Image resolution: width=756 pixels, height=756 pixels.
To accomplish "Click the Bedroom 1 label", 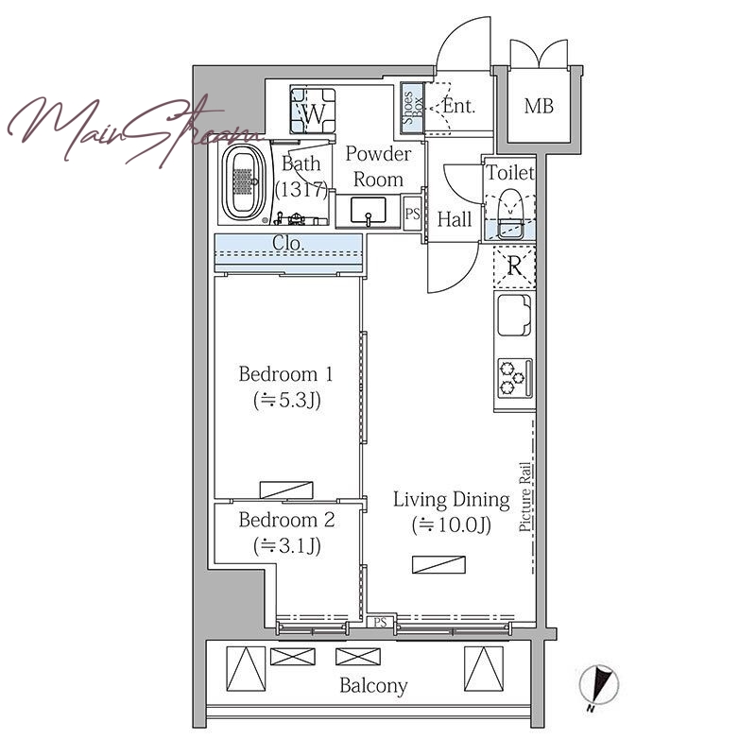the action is point(286,374).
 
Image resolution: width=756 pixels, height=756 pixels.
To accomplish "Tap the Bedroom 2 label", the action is point(286,520).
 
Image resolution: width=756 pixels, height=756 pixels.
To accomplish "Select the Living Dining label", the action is point(452,500).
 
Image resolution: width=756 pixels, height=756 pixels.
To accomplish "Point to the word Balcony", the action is point(373,685).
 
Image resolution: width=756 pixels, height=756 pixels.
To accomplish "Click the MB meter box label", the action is point(539,106).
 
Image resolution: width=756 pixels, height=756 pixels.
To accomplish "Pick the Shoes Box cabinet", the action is point(413,109).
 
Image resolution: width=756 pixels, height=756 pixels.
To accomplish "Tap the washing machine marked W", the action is point(313,110).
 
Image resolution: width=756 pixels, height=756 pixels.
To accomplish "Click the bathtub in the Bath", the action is point(244,182).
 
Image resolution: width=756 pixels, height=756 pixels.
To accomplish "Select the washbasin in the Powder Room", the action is point(369,211).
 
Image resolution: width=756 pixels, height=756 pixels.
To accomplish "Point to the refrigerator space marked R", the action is point(514,266).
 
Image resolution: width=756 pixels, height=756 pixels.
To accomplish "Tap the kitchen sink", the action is point(514,316).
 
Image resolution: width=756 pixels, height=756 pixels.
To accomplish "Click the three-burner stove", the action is point(515,378).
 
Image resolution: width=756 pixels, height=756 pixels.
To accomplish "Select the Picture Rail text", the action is point(525,497).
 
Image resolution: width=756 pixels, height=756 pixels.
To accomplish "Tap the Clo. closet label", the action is point(288,243).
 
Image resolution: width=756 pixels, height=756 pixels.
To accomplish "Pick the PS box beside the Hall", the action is point(412,214).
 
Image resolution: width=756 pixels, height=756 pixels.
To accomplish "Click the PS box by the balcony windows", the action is point(381,622).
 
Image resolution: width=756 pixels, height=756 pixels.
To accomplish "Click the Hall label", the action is point(455,219).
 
